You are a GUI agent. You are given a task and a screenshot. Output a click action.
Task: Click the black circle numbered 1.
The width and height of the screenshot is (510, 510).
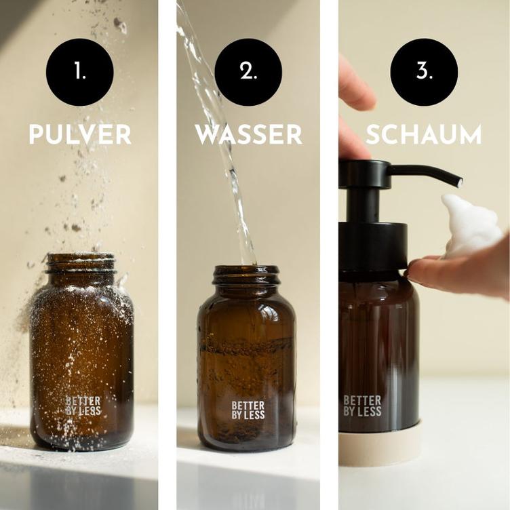click(x=79, y=72)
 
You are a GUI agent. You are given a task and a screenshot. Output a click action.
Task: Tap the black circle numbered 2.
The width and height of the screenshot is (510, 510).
click(x=248, y=72)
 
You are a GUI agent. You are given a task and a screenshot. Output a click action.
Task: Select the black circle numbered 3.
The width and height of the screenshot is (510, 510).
click(x=424, y=72)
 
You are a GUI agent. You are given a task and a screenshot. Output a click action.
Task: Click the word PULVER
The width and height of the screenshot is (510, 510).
click(x=80, y=134)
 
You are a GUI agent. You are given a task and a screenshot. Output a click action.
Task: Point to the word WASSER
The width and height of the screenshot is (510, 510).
click(x=248, y=134)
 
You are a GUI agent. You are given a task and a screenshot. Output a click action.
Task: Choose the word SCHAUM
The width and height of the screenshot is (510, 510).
click(x=424, y=134)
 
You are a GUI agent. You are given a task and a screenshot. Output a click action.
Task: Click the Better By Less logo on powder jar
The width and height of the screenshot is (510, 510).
click(x=83, y=406)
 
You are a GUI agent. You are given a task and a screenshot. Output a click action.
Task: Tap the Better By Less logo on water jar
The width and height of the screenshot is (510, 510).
click(x=248, y=410)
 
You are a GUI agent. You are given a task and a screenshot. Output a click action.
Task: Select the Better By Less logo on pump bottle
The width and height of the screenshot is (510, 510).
click(x=362, y=406)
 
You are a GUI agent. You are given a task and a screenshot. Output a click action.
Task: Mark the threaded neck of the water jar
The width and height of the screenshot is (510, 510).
click(x=246, y=275)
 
